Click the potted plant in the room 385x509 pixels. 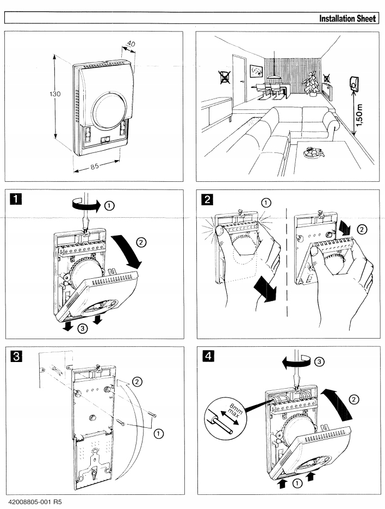click(311, 83)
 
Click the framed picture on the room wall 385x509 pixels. click(256, 71)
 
